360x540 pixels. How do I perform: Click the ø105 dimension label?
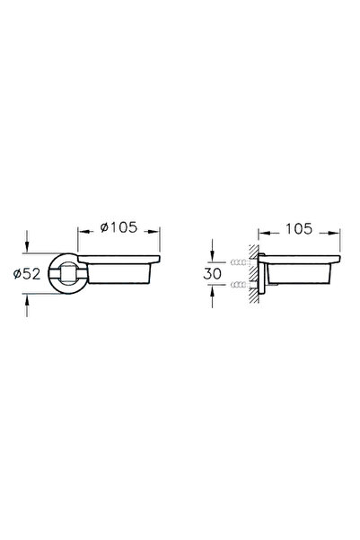coord(119,227)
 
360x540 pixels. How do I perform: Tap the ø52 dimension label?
coord(27,274)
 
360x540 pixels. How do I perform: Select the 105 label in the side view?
coord(299,229)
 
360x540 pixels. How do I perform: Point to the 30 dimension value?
coord(213,273)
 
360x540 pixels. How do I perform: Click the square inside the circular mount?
coord(67,274)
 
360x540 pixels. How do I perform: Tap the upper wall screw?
coord(241,262)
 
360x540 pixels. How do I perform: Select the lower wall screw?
coord(241,285)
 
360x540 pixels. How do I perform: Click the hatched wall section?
coord(254,274)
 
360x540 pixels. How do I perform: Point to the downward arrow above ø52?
coord(27,242)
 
